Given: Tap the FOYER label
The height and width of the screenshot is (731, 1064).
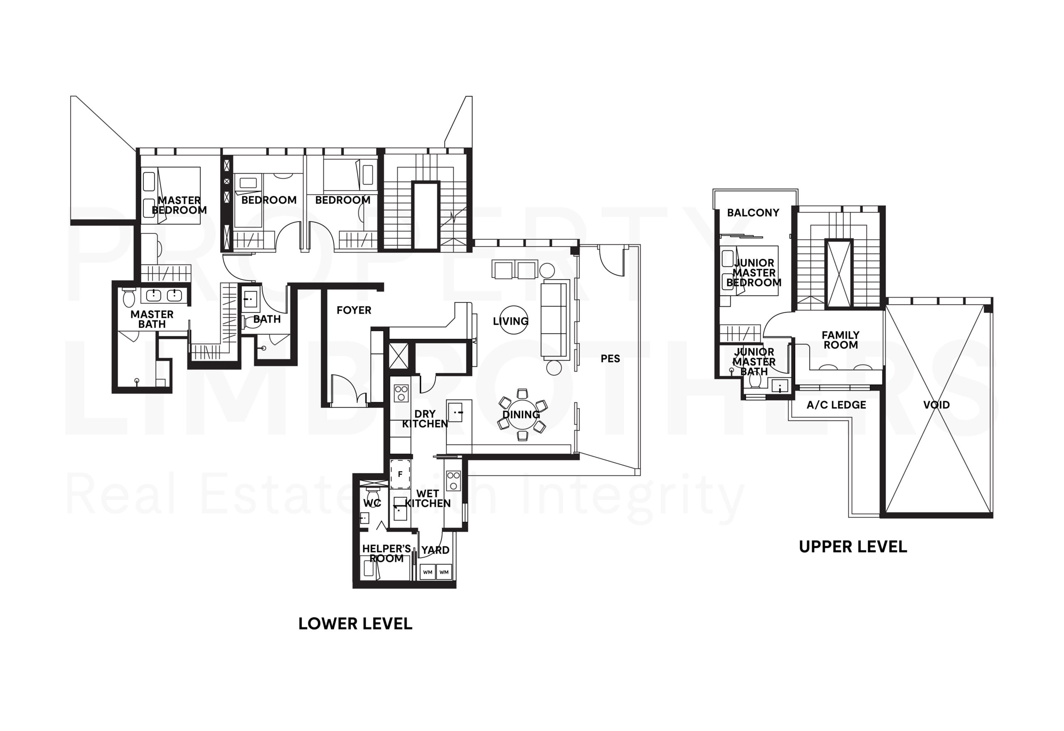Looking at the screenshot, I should click(353, 310).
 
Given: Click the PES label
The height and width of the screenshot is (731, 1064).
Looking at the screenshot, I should click(610, 359).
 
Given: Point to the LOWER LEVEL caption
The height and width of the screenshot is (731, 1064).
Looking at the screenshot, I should click(355, 624).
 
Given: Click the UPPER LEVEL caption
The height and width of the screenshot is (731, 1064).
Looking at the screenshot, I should click(852, 547).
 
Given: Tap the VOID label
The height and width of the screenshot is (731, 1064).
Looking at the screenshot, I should click(936, 405).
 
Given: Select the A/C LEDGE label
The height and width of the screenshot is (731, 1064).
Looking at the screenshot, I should click(836, 405).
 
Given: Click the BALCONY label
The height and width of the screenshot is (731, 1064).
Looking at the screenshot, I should click(753, 213).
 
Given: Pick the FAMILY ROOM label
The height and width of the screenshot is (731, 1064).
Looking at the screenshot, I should click(840, 340).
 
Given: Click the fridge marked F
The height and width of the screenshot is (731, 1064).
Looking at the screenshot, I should click(400, 474).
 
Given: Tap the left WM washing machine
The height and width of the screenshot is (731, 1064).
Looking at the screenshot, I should click(427, 572).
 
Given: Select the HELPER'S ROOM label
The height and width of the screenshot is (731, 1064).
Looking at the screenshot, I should click(386, 554).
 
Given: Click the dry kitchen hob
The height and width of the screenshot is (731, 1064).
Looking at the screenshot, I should click(401, 393).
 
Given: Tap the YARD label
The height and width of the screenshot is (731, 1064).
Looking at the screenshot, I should click(435, 550).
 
